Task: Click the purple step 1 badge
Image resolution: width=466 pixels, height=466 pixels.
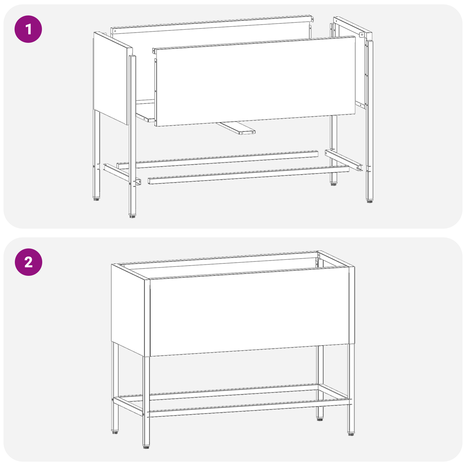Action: [x=28, y=29]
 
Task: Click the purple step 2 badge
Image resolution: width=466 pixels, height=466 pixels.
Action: [x=28, y=262]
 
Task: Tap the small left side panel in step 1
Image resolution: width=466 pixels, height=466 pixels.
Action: [x=111, y=77]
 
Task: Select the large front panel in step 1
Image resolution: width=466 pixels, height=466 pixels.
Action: [x=255, y=82]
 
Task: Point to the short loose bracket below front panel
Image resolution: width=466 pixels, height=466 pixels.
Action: [x=237, y=128]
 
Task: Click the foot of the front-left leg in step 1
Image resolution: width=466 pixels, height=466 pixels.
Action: [x=132, y=216]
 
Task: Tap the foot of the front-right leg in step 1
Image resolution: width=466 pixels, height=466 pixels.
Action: [x=370, y=201]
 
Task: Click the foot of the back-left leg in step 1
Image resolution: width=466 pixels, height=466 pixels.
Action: [x=96, y=199]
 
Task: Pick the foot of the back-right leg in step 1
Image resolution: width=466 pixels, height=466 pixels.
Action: [x=333, y=184]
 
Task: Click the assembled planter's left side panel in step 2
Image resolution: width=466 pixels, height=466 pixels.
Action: [x=128, y=309]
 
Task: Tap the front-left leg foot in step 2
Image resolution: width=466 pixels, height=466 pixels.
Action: [x=146, y=446]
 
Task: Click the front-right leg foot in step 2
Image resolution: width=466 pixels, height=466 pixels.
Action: [x=351, y=434]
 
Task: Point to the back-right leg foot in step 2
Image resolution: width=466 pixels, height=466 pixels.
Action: [x=320, y=420]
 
